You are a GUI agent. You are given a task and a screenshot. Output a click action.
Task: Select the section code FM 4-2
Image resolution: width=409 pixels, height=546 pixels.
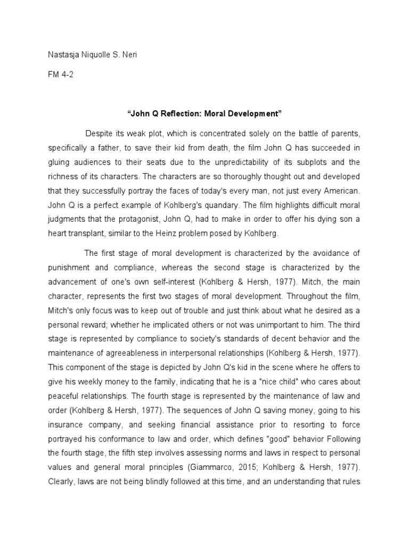[60, 75]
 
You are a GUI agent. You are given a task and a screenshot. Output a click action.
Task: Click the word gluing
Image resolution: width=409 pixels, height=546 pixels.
[59, 162]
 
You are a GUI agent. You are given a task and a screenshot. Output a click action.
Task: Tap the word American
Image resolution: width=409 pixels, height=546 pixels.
[341, 191]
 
